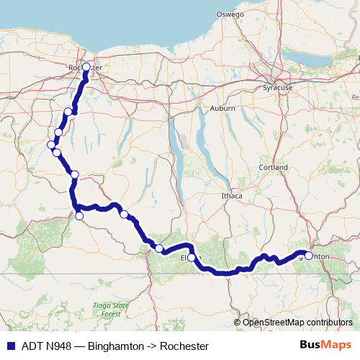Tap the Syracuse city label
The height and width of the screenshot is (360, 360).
coord(278,87)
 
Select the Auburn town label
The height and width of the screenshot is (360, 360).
coord(222,108)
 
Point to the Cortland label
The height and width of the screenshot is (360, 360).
coord(274,167)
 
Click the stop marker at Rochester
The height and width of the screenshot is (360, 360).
coord(86,67)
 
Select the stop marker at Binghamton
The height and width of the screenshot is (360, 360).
coord(309,256)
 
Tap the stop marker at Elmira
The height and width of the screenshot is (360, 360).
coord(192,257)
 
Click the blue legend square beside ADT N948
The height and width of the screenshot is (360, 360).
coord(10,346)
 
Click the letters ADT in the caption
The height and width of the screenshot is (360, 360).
coord(32,346)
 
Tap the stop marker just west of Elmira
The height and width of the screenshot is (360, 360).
coord(159,248)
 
